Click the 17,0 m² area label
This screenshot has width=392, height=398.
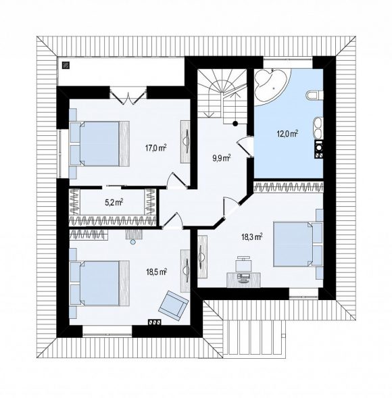point(155,148)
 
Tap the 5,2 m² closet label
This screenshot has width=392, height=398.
point(114,202)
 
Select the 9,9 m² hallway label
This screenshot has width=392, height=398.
point(222,158)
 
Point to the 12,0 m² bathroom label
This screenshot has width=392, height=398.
point(287,133)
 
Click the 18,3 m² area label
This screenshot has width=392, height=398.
point(251,237)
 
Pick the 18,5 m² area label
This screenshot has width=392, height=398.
point(156,272)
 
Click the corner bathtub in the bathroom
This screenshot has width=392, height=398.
point(272,85)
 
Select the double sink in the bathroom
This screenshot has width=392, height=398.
point(318,128)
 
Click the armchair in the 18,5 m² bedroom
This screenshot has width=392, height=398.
point(174,306)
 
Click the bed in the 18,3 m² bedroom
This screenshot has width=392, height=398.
point(293,244)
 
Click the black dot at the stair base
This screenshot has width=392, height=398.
point(235,124)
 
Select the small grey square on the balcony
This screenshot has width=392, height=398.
point(66,66)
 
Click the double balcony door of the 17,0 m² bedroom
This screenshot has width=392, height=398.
point(128,96)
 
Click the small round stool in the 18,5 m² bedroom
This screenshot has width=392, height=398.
point(132,242)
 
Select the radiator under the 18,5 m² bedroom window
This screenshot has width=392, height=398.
point(155,322)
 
